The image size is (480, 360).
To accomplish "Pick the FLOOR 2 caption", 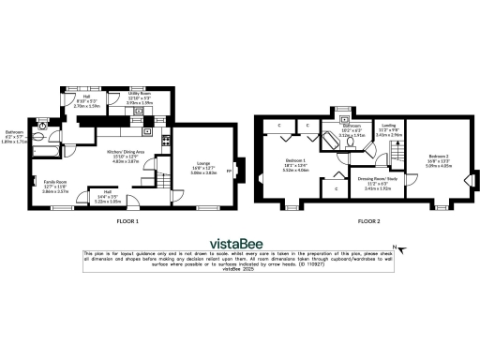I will [368, 222].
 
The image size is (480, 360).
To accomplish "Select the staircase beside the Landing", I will [398, 155].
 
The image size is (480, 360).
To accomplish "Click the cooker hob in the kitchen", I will [165, 141].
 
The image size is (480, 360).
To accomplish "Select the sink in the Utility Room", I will [140, 111].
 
